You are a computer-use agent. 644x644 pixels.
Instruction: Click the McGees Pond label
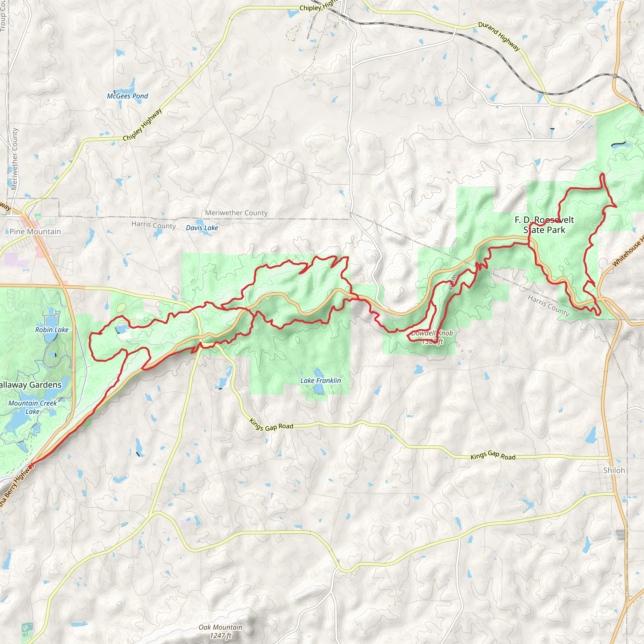127,96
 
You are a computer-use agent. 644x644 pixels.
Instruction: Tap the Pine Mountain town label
35,231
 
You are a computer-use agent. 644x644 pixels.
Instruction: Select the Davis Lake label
202,228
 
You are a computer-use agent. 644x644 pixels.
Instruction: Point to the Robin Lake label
52,330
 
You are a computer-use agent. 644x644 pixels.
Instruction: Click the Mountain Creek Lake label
32,407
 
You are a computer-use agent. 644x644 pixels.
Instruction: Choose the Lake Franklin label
320,380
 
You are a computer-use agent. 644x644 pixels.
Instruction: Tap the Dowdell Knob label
432,333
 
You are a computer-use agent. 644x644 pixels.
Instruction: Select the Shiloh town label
614,470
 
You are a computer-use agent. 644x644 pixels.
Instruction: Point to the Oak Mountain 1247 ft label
220,631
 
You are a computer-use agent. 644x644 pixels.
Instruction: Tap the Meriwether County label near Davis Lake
236,213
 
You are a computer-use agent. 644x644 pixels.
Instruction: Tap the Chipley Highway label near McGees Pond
142,124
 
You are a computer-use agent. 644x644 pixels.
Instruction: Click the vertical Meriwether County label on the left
14,159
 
